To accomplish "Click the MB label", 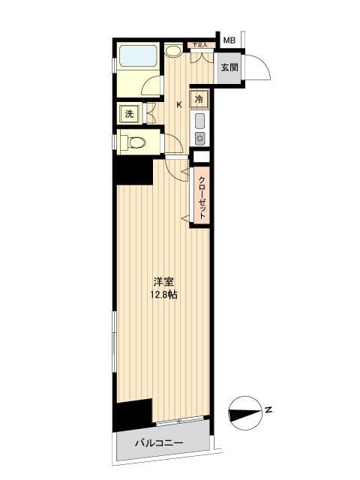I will pos(229,40).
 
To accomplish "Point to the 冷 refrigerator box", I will pos(199,98).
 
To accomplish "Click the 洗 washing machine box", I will pos(129,114).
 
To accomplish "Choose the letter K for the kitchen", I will pos(178,105).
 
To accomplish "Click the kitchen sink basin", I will pos(200,121).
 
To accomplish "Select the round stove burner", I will pos(200,137).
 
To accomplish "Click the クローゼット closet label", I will pos(201,196).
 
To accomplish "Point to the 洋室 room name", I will pos(165,282).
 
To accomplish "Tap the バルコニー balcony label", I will pos(158,444).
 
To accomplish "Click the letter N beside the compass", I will pos(268,409).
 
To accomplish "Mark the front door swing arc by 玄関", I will pos(259,65).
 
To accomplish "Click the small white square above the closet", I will pos(200,157).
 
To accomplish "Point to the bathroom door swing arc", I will pos(152,82).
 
